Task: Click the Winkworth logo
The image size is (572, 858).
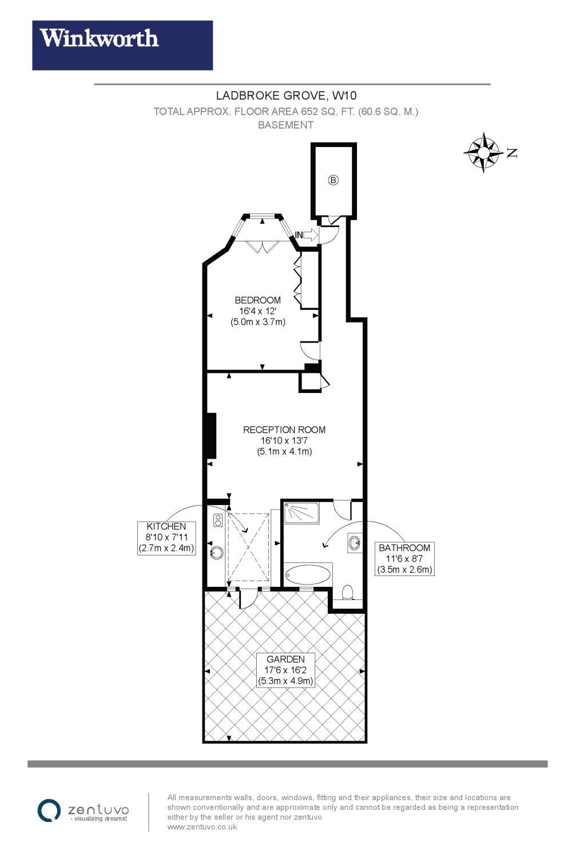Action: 122,45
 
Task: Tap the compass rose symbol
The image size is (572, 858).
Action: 483,153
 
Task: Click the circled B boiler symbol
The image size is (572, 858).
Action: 333,180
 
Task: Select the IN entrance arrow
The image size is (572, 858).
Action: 307,235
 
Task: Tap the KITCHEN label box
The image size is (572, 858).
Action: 166,538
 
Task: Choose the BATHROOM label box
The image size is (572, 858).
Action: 404,559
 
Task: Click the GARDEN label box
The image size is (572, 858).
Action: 285,670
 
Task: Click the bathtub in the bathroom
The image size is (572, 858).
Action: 308,574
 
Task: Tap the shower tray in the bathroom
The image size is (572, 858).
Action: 301,513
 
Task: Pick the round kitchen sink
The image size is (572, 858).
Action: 217,553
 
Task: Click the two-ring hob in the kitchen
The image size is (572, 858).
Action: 218,520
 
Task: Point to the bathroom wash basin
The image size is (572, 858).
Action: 355,542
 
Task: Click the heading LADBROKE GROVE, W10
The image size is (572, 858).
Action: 286,95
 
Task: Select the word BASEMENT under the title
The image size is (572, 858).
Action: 286,125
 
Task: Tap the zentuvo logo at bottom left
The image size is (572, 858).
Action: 83,811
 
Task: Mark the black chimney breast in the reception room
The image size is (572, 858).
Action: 212,435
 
